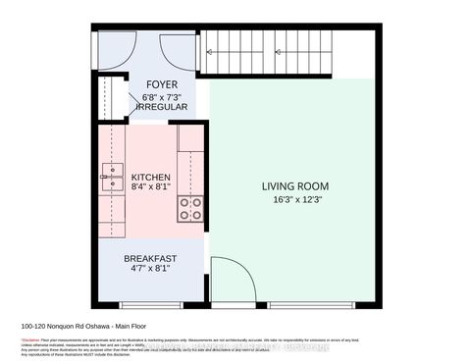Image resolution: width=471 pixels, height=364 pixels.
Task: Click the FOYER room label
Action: (x=162, y=84)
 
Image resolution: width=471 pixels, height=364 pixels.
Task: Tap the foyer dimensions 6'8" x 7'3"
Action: (x=162, y=96)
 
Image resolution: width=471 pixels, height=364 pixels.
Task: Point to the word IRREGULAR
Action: (x=162, y=108)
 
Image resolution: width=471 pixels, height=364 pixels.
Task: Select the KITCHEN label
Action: (x=150, y=178)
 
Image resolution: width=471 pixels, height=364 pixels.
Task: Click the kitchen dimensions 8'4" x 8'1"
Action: (x=150, y=189)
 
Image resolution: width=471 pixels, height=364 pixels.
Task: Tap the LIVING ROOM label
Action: (x=294, y=185)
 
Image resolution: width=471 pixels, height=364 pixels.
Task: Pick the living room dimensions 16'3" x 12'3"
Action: (x=294, y=199)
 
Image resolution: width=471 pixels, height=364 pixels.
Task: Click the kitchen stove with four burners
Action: (x=189, y=208)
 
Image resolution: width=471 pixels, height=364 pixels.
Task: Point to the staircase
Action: (x=265, y=49)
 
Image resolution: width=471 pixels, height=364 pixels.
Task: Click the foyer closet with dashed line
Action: (x=109, y=99)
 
